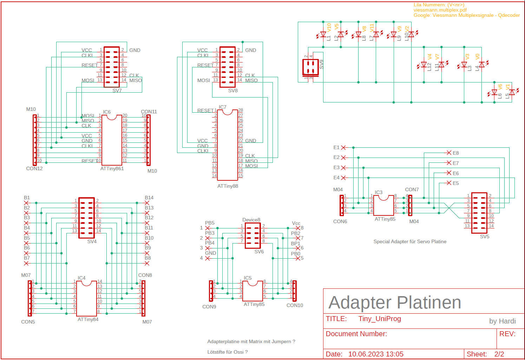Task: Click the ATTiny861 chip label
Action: tap(112, 168)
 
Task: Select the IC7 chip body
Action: tap(227, 145)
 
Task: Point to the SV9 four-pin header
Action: tap(310, 67)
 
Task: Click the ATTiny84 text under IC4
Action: tap(88, 319)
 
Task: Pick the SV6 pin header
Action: tap(253, 235)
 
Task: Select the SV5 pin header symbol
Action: tap(479, 213)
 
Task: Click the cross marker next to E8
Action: tap(449, 153)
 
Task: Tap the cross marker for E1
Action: tap(343, 148)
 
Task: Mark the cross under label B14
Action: tap(147, 203)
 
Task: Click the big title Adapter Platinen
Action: tap(395, 302)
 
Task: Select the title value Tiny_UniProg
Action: tap(380, 319)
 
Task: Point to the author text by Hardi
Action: tap(502, 321)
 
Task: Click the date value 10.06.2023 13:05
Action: tap(376, 354)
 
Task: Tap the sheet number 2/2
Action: tap(499, 354)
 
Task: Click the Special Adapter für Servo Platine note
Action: tap(410, 241)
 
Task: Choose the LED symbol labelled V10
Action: tap(323, 34)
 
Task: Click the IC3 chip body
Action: tap(383, 205)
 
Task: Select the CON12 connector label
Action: tap(34, 168)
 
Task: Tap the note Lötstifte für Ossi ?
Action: tap(227, 352)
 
